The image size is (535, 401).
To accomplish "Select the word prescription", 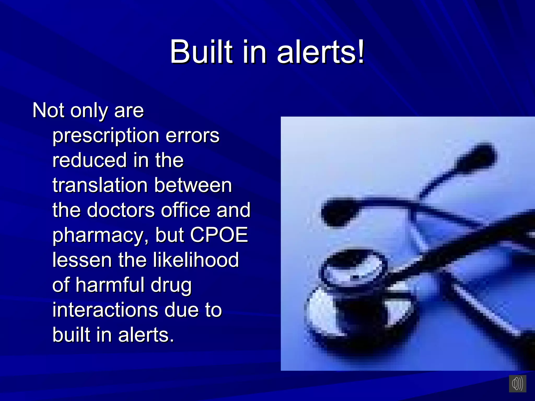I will tap(106, 136).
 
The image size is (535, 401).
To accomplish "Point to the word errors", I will tap(193, 136).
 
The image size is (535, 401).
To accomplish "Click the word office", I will tap(185, 210).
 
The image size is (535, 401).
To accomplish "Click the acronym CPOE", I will tap(219, 235).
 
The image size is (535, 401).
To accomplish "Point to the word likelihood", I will tap(196, 260).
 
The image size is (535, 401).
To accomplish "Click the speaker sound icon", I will tap(517, 384).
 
